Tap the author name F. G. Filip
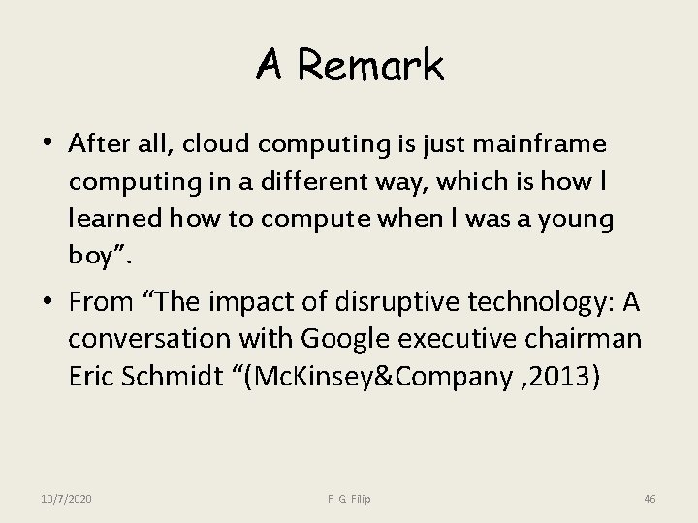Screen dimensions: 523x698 click(x=348, y=499)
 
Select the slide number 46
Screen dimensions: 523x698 click(x=650, y=499)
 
